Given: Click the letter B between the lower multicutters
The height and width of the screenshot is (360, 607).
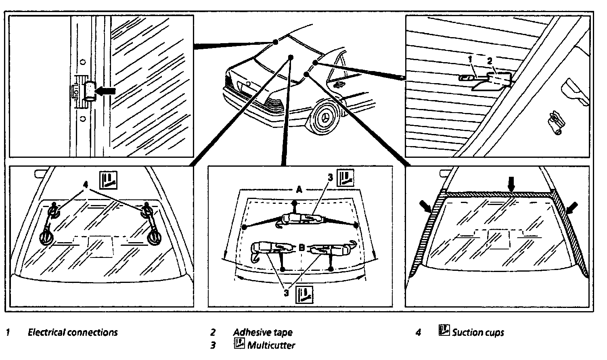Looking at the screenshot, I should (301, 249).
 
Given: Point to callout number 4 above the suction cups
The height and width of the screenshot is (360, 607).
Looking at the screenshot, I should (85, 184).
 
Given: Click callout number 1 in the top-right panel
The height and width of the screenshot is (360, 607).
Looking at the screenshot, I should (470, 59).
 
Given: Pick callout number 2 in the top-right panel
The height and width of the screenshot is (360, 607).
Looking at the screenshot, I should (490, 61).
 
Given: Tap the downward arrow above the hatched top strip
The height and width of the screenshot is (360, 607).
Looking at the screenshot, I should (511, 184).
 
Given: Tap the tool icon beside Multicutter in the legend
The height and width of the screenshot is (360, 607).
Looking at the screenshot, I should (239, 344).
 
